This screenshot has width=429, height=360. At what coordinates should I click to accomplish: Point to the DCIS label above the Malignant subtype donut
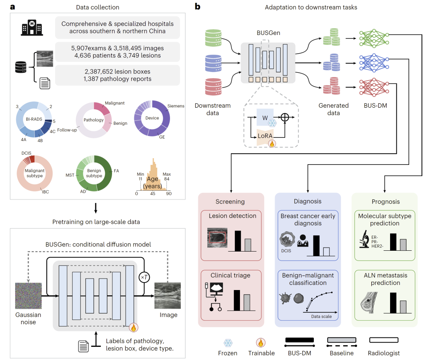pos(26,152)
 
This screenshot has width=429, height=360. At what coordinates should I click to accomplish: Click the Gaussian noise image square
pos(28,296)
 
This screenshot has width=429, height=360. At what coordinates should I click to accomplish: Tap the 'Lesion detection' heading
pos(233,216)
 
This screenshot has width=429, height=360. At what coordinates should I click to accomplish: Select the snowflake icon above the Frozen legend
pos(228,343)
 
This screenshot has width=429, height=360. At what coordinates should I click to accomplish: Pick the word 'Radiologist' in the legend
pos(384,353)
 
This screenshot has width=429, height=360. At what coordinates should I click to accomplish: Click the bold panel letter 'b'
pos(198,7)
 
